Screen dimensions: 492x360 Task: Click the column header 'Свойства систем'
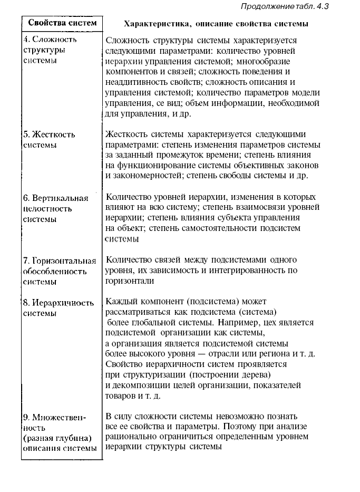[x=62, y=23]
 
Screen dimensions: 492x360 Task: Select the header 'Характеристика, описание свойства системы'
[x=216, y=24]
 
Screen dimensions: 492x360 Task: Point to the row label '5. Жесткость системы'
[x=49, y=139]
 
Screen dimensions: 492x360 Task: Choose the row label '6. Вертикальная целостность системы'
[x=55, y=208]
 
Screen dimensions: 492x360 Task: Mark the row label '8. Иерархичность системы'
[x=59, y=308]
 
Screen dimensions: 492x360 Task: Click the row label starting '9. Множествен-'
[x=55, y=417]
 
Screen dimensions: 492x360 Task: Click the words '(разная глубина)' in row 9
[x=58, y=438]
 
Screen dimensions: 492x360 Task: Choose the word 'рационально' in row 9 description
[x=129, y=437]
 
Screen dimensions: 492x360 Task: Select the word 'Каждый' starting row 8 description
[x=120, y=302]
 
